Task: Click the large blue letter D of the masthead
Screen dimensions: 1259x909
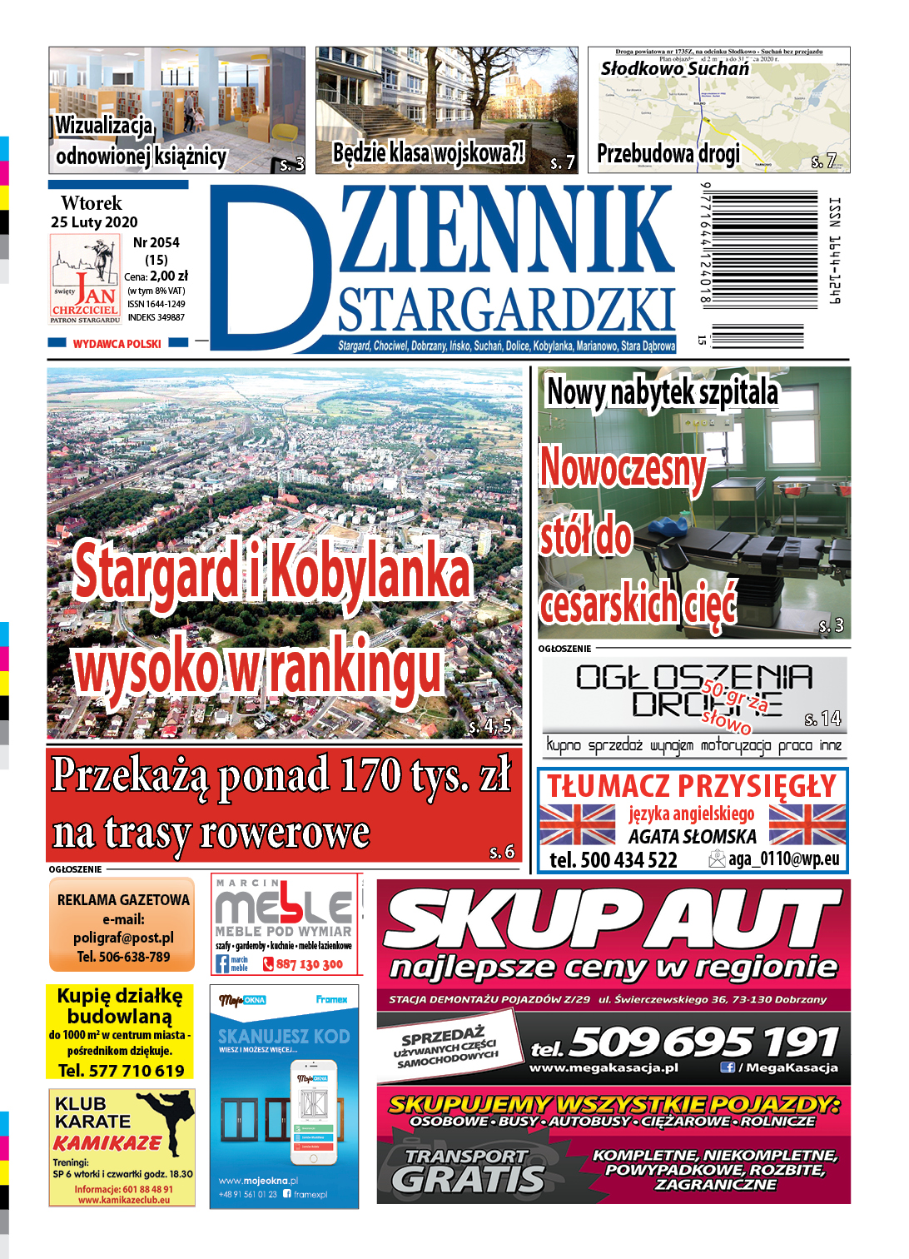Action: tap(266, 266)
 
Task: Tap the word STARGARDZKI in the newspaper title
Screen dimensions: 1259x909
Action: tap(506, 311)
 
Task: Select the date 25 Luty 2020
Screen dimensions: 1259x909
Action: tap(94, 222)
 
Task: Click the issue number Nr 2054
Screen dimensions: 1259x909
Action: tap(156, 242)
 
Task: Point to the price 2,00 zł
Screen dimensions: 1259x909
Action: tap(169, 276)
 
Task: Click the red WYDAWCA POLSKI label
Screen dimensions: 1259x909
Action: tap(117, 344)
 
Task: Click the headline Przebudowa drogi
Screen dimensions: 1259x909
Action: tap(668, 154)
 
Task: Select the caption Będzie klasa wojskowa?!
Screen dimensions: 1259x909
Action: tap(429, 153)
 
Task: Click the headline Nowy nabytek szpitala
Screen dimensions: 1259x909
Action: tap(663, 392)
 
